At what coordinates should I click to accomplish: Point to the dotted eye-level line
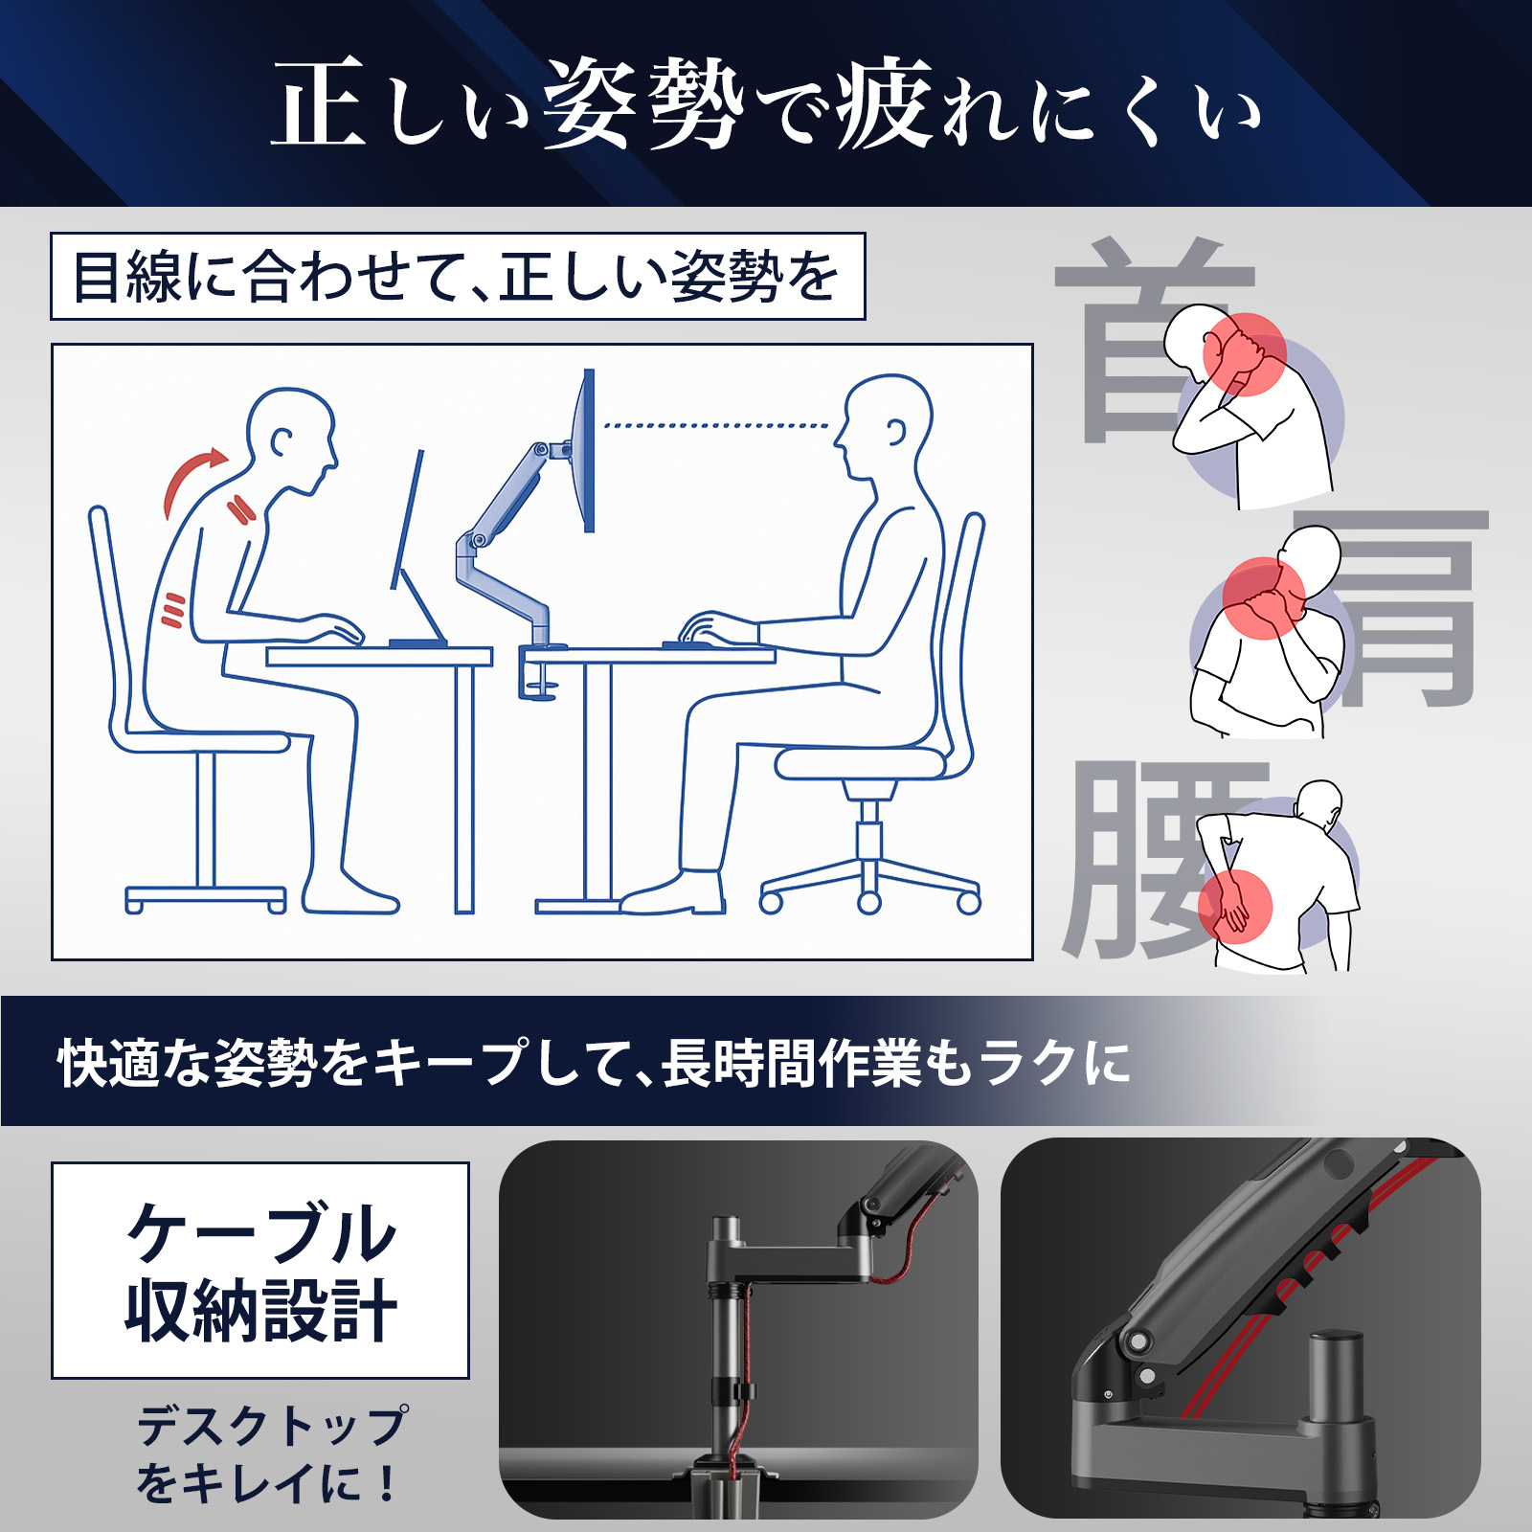pos(716,425)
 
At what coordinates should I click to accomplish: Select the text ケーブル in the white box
pos(260,1233)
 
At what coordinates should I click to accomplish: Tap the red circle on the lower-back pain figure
pos(1235,906)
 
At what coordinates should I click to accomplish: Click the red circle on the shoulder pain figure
pos(1264,597)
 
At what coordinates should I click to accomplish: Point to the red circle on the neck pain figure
pos(1245,354)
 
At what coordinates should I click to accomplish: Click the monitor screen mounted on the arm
pos(589,450)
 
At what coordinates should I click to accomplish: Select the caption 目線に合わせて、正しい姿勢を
pos(457,277)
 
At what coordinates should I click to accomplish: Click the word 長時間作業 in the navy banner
pos(790,1063)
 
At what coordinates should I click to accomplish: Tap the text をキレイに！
pos(268,1483)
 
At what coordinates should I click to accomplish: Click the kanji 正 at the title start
pos(320,103)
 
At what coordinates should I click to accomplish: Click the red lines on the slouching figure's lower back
pos(172,610)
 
